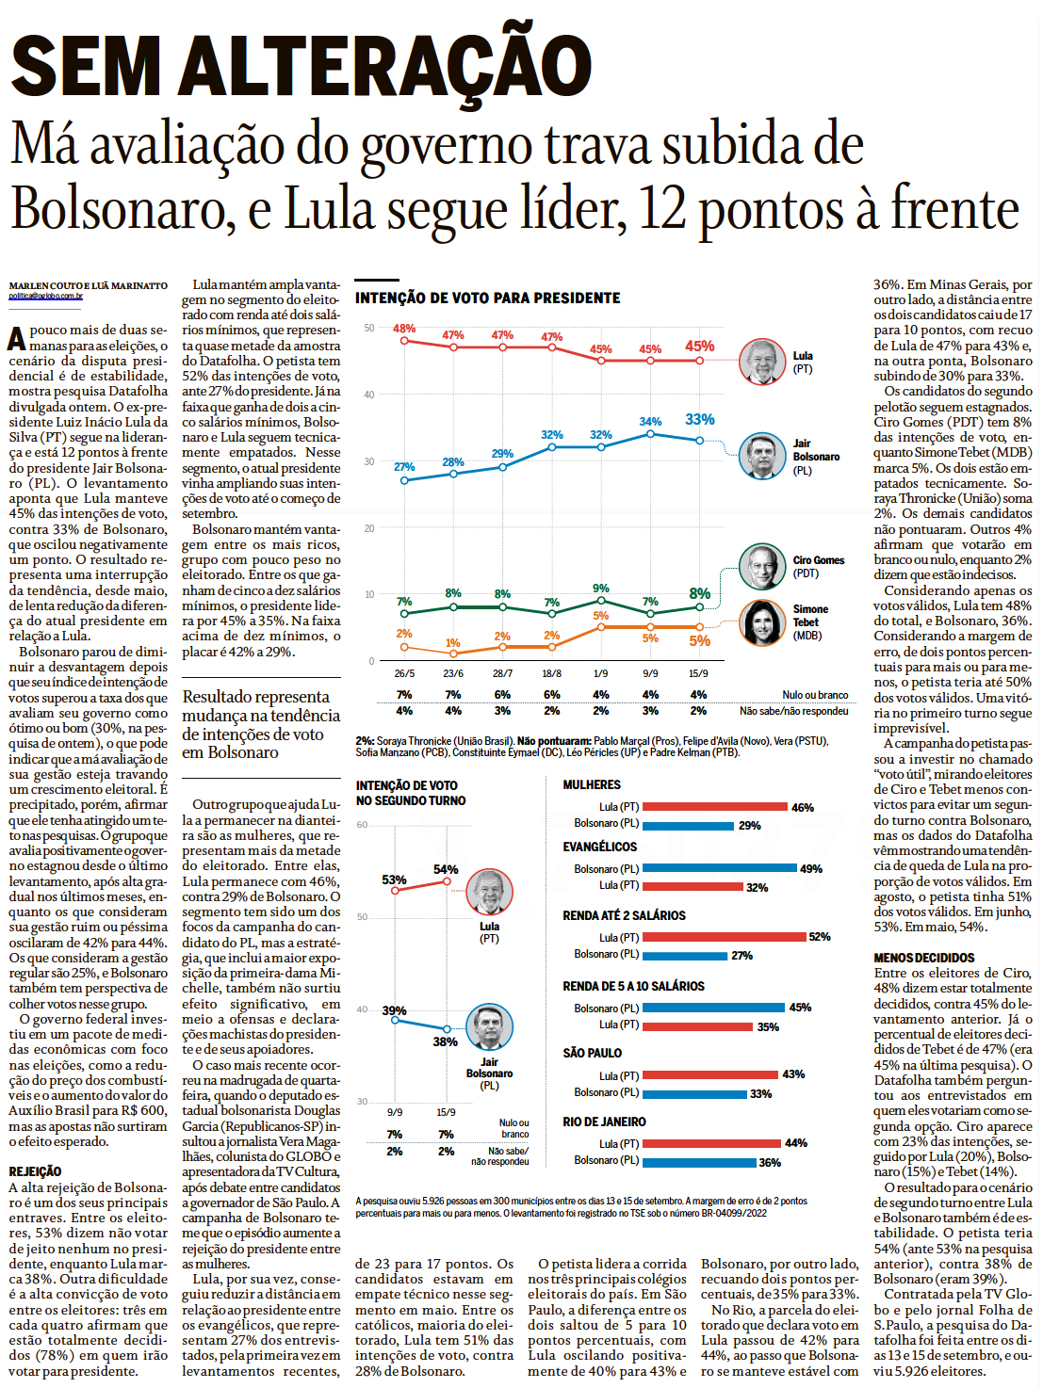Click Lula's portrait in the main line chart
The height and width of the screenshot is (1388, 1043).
tap(762, 362)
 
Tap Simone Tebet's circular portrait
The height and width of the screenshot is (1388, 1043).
tap(762, 622)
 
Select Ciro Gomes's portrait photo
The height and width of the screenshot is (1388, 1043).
tap(762, 567)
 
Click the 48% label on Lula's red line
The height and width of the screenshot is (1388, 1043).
tap(404, 329)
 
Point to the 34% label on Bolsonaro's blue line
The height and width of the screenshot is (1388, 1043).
tap(650, 422)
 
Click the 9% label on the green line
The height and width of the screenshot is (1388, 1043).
tap(600, 589)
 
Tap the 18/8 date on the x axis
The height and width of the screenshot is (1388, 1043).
tap(551, 673)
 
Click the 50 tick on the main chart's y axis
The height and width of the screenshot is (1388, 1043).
tap(369, 328)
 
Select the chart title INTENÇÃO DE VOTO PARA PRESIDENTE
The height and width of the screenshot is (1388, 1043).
tap(487, 299)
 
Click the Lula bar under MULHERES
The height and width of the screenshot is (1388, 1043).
tap(714, 807)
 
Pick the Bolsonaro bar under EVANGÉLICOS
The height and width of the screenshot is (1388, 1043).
tap(719, 868)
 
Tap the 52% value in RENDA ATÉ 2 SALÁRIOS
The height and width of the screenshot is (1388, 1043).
tap(819, 937)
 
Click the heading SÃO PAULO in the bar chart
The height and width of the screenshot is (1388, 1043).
tap(592, 1053)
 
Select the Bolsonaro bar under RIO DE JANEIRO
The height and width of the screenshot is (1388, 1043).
tap(699, 1162)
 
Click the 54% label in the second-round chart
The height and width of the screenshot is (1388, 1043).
tap(446, 869)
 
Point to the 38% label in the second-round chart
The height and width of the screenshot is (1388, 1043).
tap(445, 1041)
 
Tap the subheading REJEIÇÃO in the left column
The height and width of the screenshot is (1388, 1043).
tap(35, 1171)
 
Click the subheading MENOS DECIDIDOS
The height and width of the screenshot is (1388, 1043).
tap(924, 958)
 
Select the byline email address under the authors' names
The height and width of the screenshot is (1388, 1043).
tap(46, 297)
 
